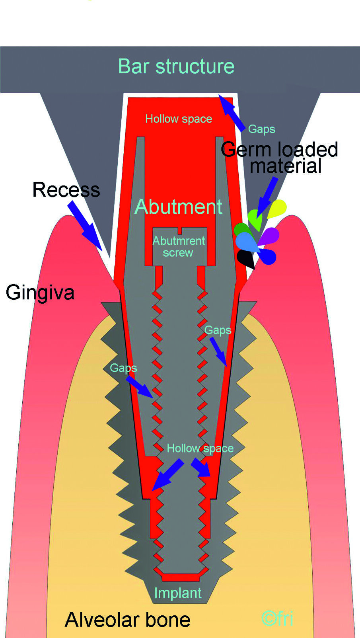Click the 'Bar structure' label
[176, 66]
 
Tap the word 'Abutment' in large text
[178, 207]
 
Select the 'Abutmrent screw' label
[179, 247]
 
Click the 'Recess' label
[66, 189]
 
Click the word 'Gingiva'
[40, 293]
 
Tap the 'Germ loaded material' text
[280, 158]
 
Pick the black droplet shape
[246, 258]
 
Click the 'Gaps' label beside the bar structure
[261, 129]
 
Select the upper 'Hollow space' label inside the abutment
[179, 119]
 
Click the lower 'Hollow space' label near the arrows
[200, 449]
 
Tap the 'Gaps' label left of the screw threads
[123, 368]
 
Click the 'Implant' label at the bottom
[178, 593]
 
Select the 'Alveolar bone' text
[127, 620]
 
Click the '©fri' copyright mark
[277, 618]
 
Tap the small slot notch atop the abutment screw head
[180, 231]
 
